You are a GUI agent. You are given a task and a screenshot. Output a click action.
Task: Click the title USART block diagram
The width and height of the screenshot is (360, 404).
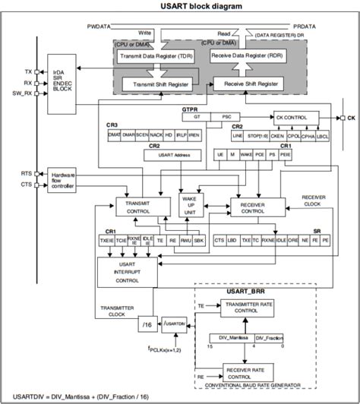coord(179,7)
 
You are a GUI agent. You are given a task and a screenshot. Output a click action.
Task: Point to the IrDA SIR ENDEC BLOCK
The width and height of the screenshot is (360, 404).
coord(61,81)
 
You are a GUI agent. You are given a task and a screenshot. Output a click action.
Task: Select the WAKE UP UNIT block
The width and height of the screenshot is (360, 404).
coord(188,205)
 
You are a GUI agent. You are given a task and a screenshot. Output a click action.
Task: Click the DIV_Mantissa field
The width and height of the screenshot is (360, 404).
coord(226,336)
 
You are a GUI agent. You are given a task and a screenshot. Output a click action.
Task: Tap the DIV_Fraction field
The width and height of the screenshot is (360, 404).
coord(270,336)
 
